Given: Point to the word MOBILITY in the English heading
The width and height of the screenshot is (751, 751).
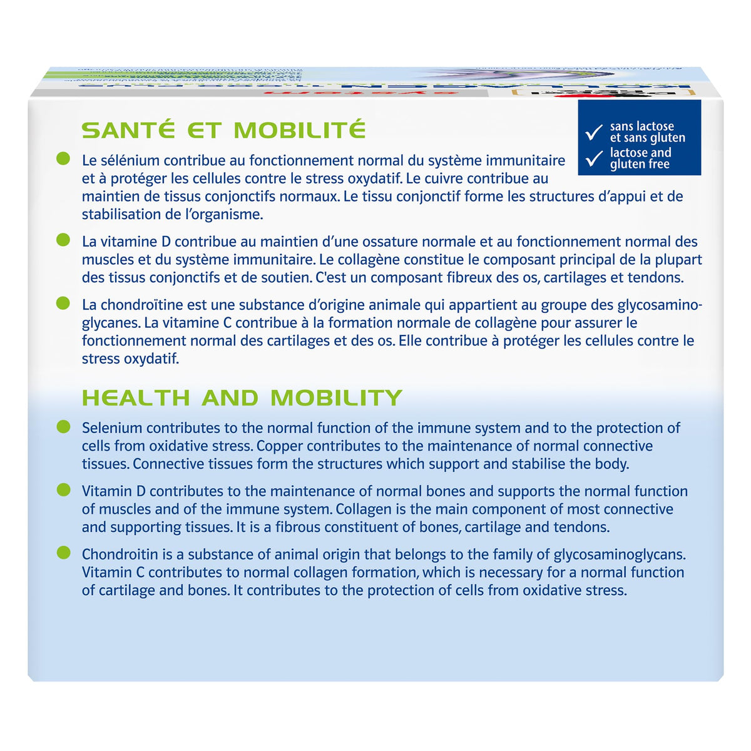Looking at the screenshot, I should (336, 398).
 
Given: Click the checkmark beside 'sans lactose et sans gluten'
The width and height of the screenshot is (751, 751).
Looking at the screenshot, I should (593, 133).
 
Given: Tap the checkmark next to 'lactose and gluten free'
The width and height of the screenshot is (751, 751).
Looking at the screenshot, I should (593, 159).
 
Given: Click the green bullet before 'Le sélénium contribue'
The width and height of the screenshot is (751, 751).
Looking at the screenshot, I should (63, 159).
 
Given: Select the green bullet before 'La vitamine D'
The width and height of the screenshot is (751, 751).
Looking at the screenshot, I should (63, 240).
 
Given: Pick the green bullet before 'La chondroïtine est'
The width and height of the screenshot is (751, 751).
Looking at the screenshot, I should (63, 304).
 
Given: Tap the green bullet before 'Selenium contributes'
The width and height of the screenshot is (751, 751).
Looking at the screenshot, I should (63, 427).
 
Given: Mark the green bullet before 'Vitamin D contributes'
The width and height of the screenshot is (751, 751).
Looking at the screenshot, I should (63, 490).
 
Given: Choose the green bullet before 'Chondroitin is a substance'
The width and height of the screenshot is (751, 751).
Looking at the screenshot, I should (63, 553).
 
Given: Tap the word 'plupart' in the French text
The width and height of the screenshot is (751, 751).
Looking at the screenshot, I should (678, 260).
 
